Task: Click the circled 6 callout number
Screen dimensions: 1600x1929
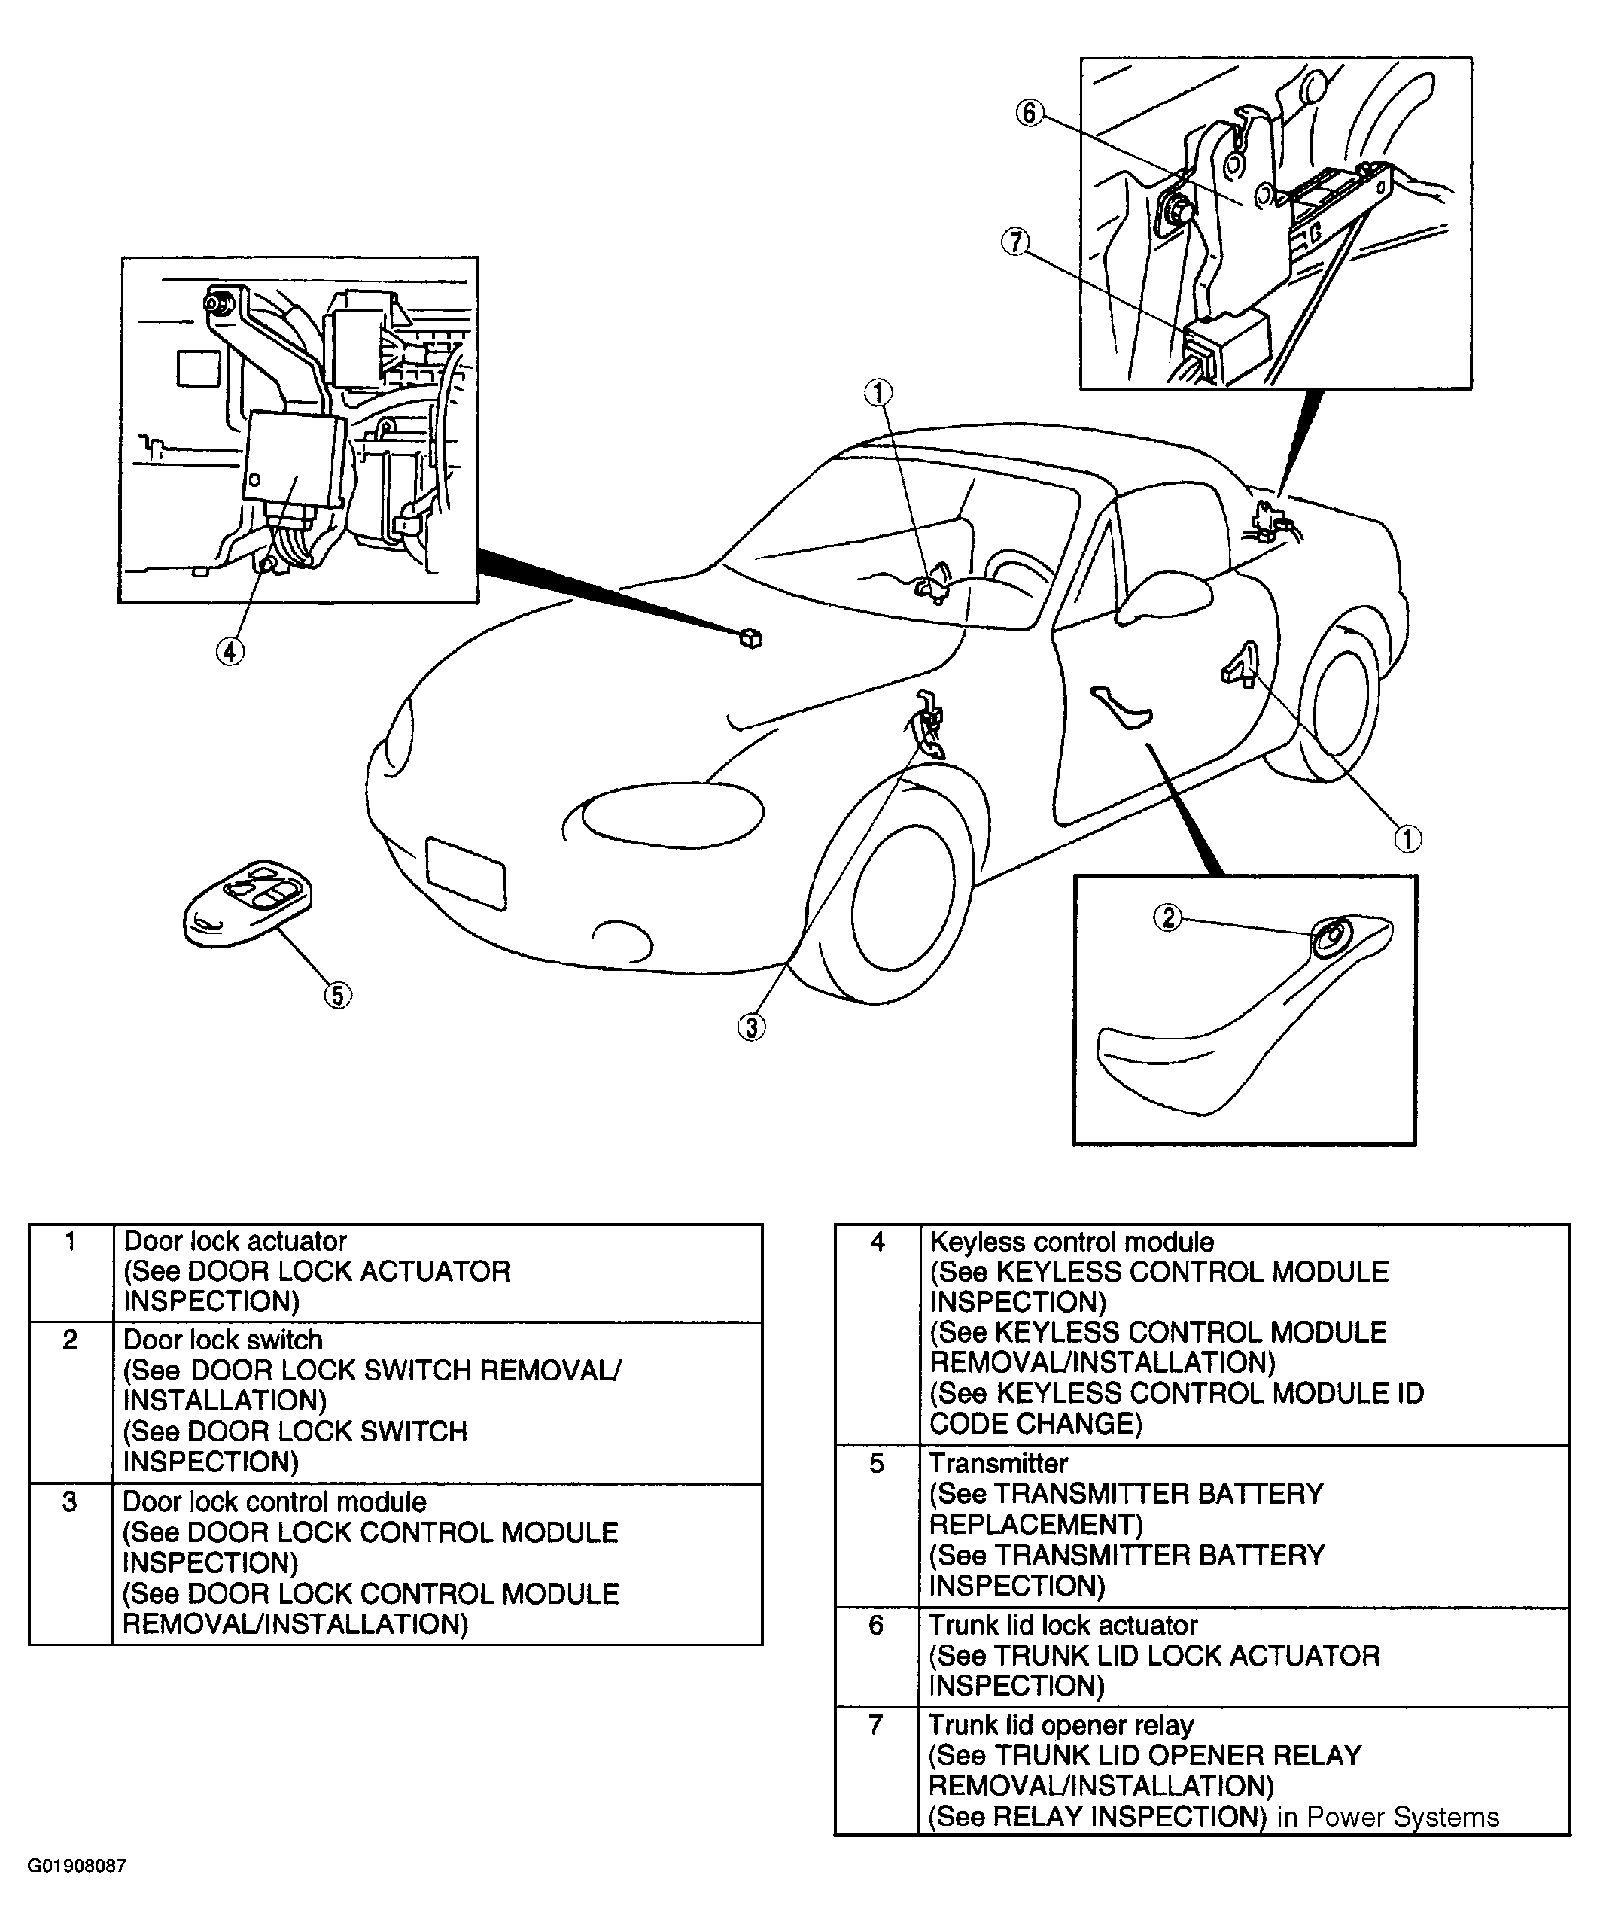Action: tap(1029, 113)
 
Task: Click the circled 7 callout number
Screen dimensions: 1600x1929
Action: tap(1015, 242)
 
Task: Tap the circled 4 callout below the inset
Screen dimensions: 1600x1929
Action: tap(230, 651)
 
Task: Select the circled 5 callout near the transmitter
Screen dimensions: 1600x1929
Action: tap(338, 995)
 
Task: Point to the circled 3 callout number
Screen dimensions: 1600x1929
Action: tap(751, 1027)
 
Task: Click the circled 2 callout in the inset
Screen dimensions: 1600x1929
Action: tap(1168, 917)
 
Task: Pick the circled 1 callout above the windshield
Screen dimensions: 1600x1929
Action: tap(878, 393)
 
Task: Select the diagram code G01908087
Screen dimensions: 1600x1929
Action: tap(76, 1866)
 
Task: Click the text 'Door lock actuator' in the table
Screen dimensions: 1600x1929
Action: tap(235, 1241)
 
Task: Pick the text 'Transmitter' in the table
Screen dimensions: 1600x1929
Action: tap(999, 1463)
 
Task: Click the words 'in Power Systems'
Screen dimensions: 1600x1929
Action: tap(1388, 1817)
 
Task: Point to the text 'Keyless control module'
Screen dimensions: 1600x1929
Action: tap(1072, 1242)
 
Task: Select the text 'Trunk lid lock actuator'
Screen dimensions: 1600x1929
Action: tap(1063, 1625)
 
